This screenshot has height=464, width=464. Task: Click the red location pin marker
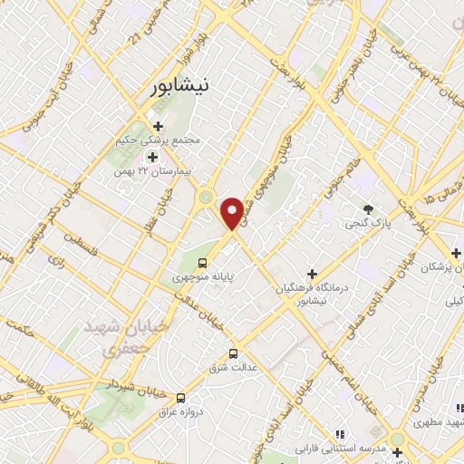tap(234, 211)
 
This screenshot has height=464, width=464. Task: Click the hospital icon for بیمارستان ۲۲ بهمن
tap(151, 157)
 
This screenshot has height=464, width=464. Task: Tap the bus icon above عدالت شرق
tap(234, 353)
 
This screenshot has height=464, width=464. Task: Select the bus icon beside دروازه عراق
tap(180, 398)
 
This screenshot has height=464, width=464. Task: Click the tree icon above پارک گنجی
tap(368, 209)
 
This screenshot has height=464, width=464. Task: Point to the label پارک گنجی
tap(368, 223)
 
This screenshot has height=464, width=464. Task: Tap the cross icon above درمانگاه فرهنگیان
tap(312, 273)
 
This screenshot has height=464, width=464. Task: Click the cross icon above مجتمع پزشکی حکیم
tap(158, 127)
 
